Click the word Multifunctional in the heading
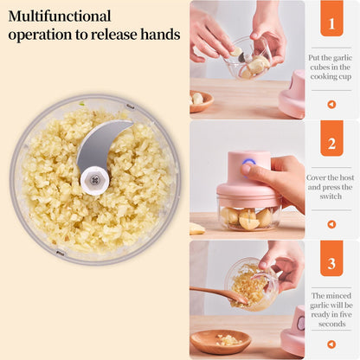(60, 16)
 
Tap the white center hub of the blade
(93, 180)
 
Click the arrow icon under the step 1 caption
(331, 104)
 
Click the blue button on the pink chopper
(248, 161)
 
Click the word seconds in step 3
(331, 325)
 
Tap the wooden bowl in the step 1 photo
(202, 99)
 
